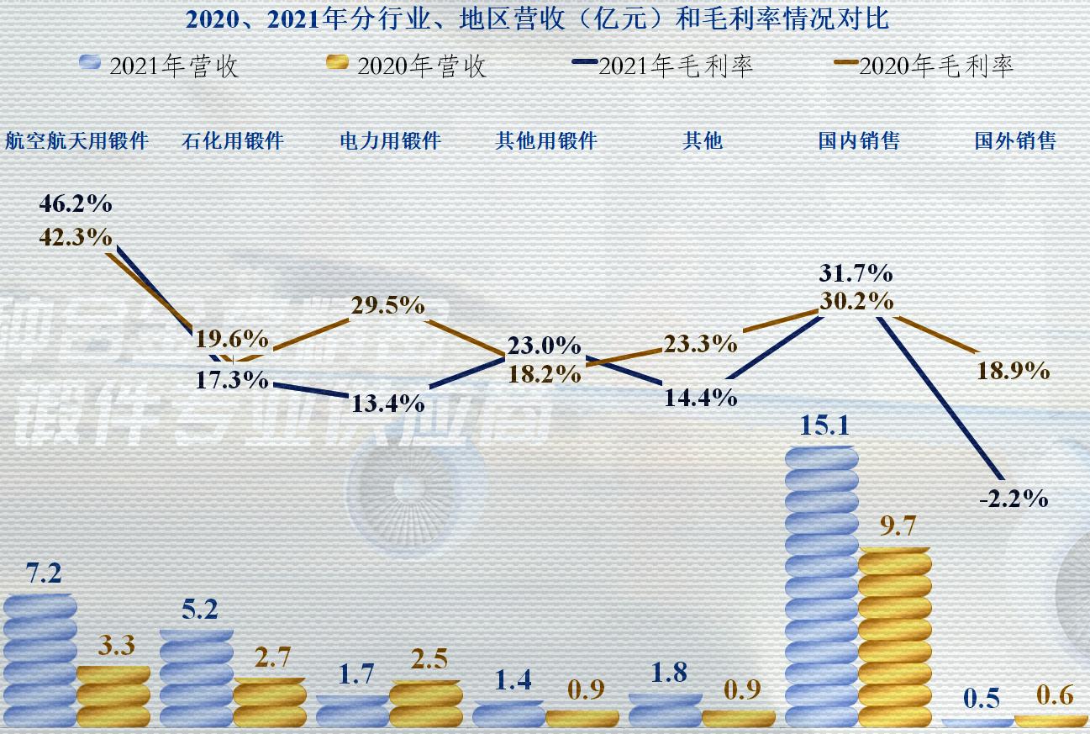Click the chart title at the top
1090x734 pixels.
[x=536, y=18]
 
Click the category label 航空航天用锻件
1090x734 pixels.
[x=76, y=140]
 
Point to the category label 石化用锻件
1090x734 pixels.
[x=233, y=140]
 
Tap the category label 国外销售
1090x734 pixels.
[x=1014, y=140]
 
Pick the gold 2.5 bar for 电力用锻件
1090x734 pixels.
[x=425, y=704]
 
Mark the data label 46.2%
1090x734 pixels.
[x=76, y=204]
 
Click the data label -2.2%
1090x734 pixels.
[x=1014, y=499]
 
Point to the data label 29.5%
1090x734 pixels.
[x=387, y=305]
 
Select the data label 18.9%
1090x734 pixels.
[x=1013, y=371]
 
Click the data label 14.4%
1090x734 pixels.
[x=701, y=397]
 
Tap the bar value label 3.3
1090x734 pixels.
[x=115, y=647]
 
